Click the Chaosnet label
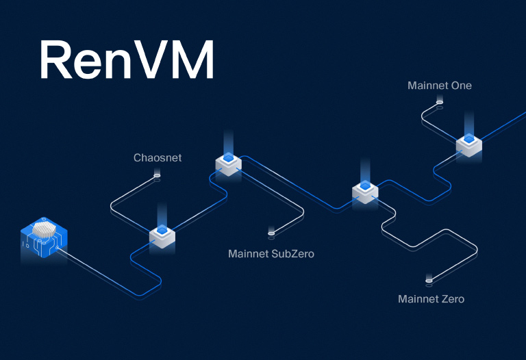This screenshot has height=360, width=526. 158,158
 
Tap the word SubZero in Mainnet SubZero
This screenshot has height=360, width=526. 292,254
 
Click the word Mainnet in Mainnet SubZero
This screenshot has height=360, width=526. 249,254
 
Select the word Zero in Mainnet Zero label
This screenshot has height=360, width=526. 451,299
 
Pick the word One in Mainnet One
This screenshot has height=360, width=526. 461,86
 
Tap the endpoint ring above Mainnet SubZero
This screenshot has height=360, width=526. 271,233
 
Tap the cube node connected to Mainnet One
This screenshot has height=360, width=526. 469,144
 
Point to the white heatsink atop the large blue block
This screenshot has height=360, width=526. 45,229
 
